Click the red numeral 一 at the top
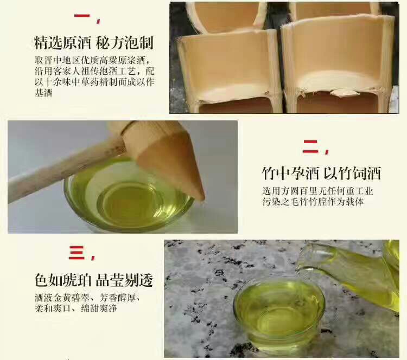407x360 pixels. [x=82, y=16]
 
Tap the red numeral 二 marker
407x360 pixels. [x=310, y=146]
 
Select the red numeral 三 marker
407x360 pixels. [x=77, y=252]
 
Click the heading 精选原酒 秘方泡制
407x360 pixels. [x=94, y=43]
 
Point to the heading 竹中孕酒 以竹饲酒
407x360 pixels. [x=321, y=173]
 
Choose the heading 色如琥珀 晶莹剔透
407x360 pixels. [x=94, y=280]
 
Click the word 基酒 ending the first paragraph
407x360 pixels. [x=43, y=93]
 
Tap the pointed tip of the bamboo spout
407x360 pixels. [x=202, y=200]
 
